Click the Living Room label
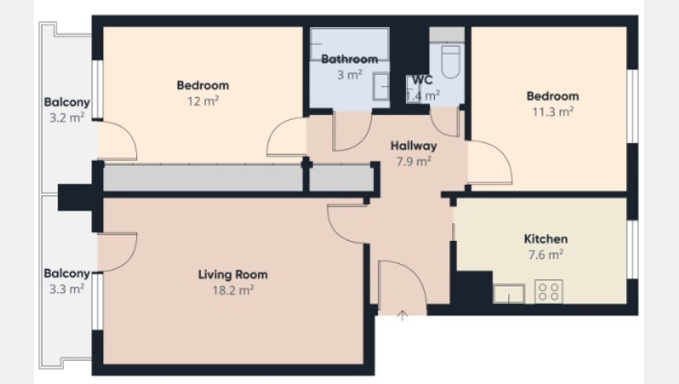tap(232, 274)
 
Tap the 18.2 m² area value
tap(233, 290)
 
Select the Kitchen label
tap(545, 238)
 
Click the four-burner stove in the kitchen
tap(548, 291)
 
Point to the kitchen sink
tap(508, 294)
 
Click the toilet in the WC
tap(451, 62)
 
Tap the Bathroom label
tap(349, 59)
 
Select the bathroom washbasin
tap(380, 86)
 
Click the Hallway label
tap(413, 146)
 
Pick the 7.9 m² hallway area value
tap(413, 162)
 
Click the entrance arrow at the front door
tap(403, 315)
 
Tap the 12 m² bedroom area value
tap(203, 101)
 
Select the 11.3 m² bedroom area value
tap(552, 111)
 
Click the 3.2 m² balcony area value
tap(66, 118)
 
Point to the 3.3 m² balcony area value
tap(66, 289)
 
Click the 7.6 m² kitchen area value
tap(545, 254)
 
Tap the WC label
tap(422, 80)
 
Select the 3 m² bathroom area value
tap(349, 74)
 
